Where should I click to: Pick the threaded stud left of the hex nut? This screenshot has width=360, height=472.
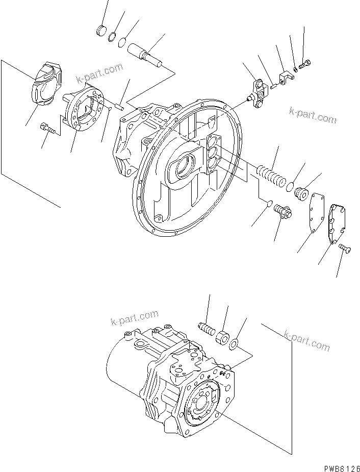(x=205, y=327)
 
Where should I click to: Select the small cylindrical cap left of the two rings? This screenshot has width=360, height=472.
(x=102, y=31)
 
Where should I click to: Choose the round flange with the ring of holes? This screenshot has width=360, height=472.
(x=84, y=110)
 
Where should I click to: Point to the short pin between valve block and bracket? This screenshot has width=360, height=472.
(x=274, y=85)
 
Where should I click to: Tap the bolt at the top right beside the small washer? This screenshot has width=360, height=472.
(x=305, y=65)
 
